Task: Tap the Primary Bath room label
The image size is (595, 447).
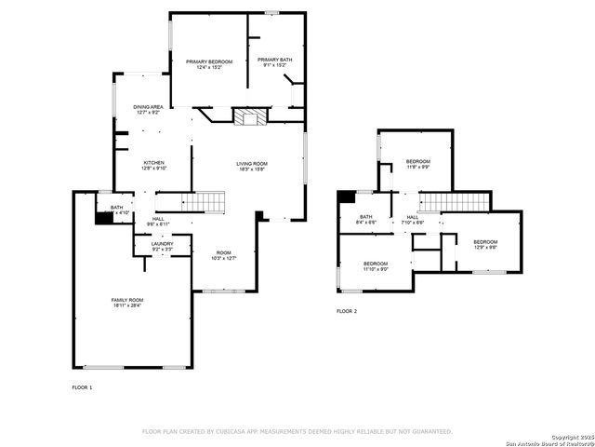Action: tap(274, 60)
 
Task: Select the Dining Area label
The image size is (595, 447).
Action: tap(148, 106)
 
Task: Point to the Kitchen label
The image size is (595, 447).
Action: tap(153, 163)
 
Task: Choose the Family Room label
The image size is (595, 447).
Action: tap(127, 299)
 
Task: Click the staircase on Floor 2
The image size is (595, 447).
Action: tap(456, 202)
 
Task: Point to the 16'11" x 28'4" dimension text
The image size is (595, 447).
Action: tap(127, 305)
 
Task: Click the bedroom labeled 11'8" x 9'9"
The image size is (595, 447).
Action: tap(416, 164)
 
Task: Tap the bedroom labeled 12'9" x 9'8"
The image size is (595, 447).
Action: tap(485, 244)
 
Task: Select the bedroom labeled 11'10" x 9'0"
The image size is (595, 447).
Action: tap(375, 265)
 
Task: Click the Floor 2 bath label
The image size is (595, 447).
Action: tap(366, 220)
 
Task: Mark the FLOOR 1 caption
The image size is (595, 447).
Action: tap(82, 386)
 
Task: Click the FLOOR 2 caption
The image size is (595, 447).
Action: tap(347, 311)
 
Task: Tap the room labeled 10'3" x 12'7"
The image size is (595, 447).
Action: tap(224, 254)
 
